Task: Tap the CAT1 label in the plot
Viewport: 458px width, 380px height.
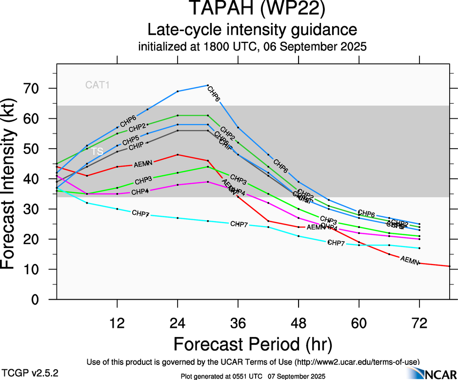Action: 98,85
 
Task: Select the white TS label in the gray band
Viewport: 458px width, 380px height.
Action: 98,152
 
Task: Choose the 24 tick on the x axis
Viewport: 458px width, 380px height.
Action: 178,323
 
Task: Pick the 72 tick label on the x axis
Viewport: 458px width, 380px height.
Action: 419,323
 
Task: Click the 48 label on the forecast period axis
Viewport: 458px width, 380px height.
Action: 299,323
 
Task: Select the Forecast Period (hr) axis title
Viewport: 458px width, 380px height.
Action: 253,344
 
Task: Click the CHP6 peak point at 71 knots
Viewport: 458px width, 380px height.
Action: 208,85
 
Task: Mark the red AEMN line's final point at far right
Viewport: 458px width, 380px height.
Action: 449,266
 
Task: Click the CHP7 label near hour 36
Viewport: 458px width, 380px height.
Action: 239,224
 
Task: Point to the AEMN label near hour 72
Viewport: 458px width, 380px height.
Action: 410,260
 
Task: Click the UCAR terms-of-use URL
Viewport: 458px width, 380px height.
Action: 356,361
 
